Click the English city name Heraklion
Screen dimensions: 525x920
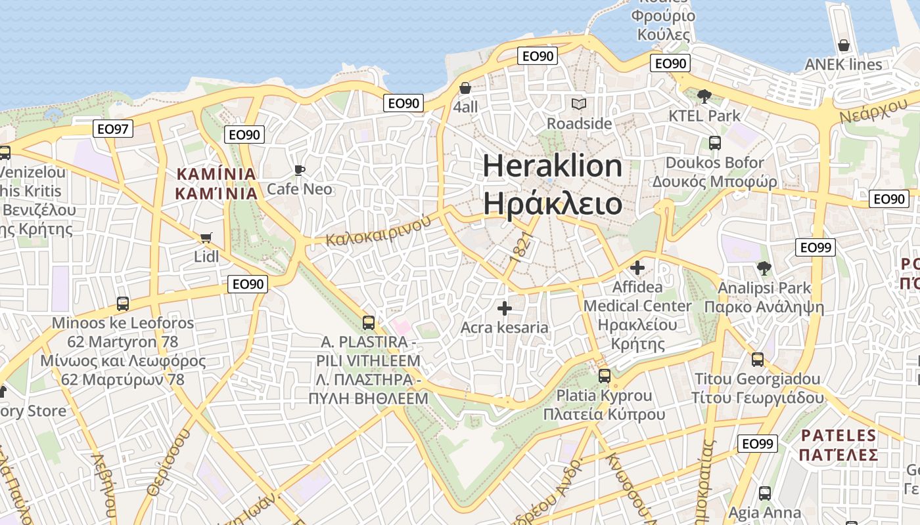(553, 165)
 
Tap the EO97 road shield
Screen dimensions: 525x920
(112, 129)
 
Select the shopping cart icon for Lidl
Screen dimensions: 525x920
(206, 237)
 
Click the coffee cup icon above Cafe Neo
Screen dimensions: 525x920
(300, 171)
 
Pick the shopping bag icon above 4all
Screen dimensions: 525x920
(465, 88)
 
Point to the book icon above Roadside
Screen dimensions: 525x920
(578, 104)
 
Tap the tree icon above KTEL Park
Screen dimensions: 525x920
(704, 96)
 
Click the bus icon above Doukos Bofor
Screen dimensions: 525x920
(714, 143)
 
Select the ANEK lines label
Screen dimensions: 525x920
(843, 64)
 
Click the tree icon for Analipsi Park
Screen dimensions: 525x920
(764, 268)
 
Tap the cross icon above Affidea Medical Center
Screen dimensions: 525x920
(637, 268)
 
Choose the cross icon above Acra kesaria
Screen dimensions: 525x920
(504, 308)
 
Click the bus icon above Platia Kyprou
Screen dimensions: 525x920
(604, 376)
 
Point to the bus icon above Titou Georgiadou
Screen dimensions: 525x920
(757, 360)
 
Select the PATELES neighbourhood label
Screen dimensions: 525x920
(839, 435)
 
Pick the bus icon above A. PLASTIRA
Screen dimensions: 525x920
(368, 323)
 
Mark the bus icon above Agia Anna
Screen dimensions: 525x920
(764, 493)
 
